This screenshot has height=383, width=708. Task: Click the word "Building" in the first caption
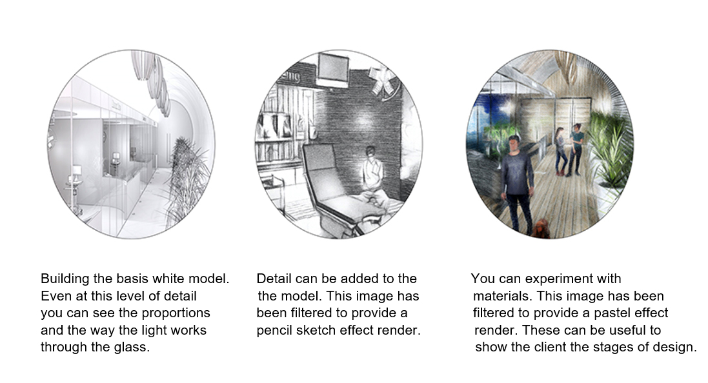(63, 280)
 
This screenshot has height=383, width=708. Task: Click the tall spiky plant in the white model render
(187, 181)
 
